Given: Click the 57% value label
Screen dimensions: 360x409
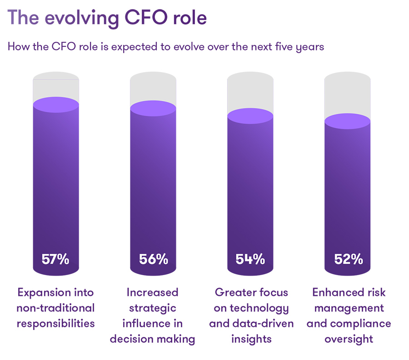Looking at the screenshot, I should click(x=55, y=260).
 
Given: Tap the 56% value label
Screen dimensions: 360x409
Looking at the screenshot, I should click(x=153, y=260).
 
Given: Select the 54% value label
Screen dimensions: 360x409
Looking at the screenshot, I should click(x=250, y=260).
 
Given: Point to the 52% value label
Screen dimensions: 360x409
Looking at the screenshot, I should click(x=348, y=260).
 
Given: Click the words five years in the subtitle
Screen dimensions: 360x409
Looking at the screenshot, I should click(x=300, y=47).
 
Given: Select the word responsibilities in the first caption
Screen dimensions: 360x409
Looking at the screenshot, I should click(x=55, y=324).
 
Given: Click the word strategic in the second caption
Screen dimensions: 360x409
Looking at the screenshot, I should click(x=153, y=308).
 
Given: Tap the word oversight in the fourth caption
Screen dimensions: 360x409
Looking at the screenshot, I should click(x=349, y=339).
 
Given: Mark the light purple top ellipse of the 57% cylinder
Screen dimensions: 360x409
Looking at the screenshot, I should click(x=55, y=104).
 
